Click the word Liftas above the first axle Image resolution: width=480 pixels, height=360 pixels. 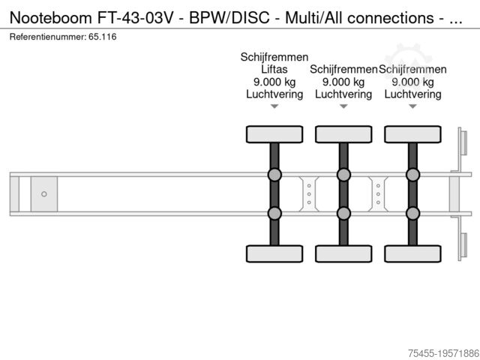point(274,69)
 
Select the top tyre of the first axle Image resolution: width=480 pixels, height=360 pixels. point(274,134)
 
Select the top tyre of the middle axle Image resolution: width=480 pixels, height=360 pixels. point(343,134)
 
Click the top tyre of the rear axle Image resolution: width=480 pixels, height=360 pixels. point(412,134)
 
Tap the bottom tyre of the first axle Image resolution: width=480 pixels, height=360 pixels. point(274,253)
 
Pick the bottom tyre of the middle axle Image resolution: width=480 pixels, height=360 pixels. point(343,253)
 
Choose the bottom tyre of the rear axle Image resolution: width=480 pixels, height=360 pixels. point(412,253)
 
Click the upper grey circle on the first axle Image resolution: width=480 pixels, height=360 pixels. point(274,175)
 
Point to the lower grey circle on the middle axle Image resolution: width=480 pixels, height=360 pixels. point(343,213)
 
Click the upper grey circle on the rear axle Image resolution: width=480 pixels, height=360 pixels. point(412,175)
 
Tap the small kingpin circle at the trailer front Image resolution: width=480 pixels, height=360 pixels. point(44,194)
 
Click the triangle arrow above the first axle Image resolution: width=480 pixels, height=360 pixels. point(274,106)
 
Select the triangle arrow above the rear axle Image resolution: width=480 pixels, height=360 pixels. point(412,106)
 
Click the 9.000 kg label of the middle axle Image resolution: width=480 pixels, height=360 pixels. point(343,82)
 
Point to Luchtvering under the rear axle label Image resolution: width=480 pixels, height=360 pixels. point(412,94)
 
